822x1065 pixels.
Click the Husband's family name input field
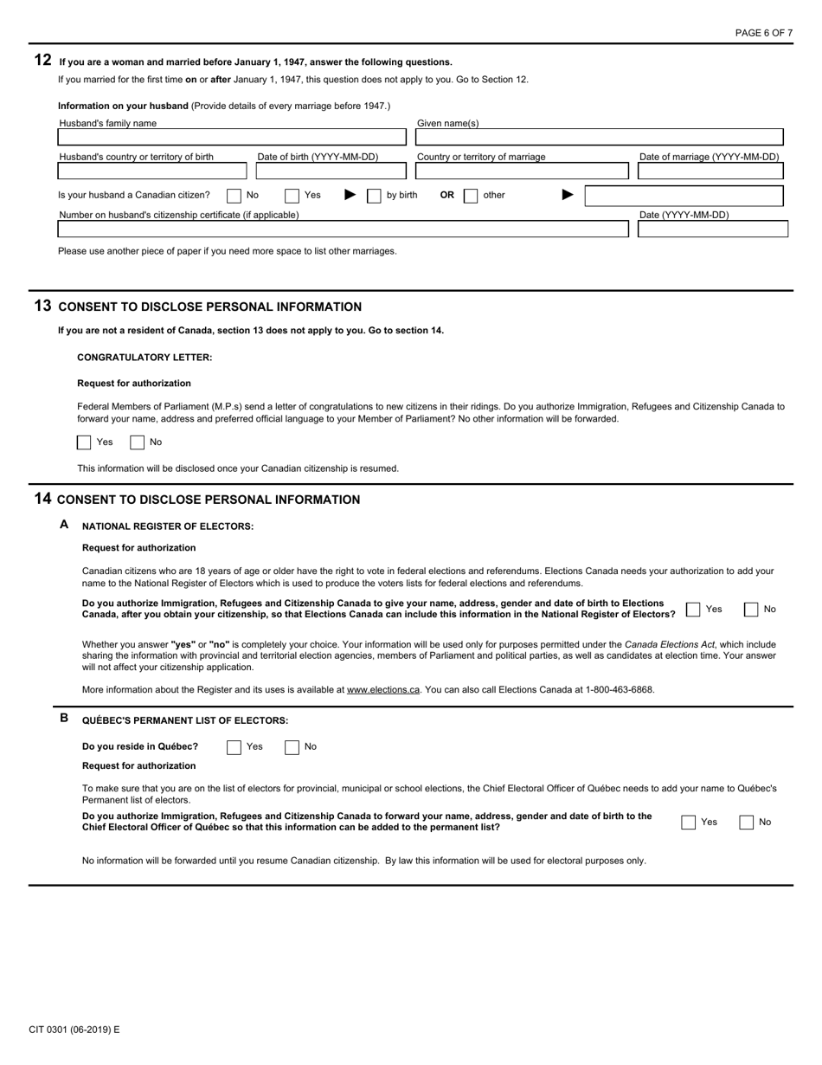[231, 138]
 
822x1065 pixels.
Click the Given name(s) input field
[599, 138]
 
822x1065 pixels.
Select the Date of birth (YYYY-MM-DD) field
[330, 171]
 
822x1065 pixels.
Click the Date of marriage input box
[710, 171]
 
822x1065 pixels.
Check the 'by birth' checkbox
[374, 196]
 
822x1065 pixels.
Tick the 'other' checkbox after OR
[471, 196]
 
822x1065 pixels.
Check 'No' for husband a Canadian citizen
[234, 196]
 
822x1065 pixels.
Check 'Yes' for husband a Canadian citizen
[292, 196]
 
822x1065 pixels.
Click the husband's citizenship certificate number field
[343, 229]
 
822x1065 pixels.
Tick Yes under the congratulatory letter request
[84, 442]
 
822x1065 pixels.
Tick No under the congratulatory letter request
[137, 442]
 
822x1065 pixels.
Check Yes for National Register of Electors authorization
[693, 610]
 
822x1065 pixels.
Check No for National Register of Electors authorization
[751, 610]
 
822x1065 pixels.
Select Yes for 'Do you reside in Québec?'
[234, 747]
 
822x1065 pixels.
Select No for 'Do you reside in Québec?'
[292, 747]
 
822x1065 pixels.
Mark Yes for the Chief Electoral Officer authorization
[689, 823]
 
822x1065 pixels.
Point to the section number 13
[42, 306]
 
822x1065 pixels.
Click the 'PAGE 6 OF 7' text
[763, 33]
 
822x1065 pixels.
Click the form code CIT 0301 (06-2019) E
[74, 1029]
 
